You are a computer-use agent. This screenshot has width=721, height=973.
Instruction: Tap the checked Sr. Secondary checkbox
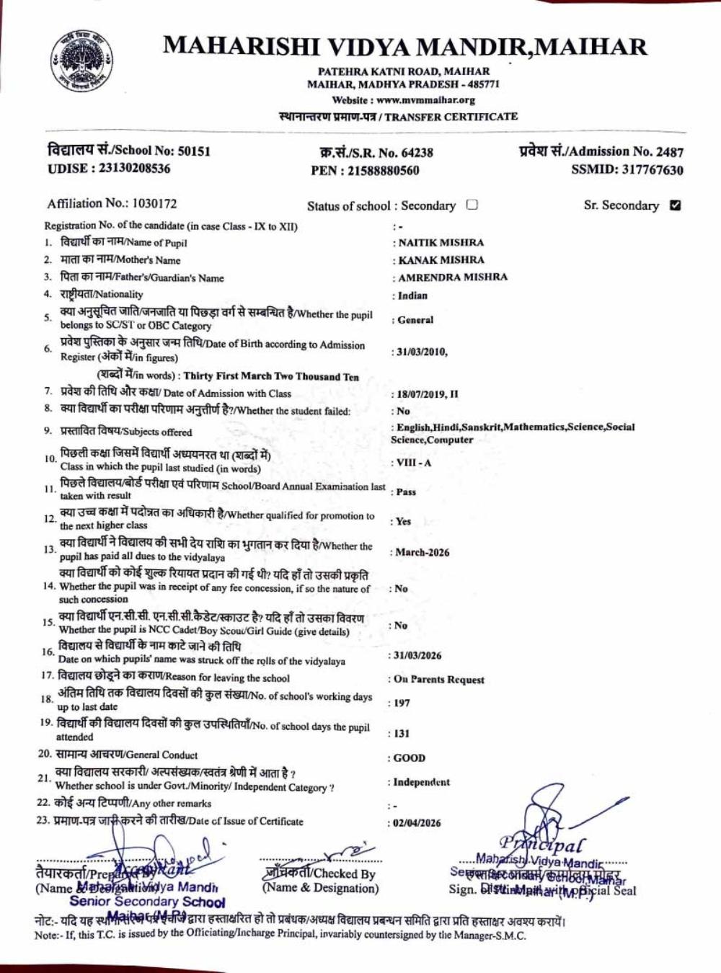675,205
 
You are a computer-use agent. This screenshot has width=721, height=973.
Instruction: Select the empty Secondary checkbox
472,205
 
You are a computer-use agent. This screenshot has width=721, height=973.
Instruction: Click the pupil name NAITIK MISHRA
441,243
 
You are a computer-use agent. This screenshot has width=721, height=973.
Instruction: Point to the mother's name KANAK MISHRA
441,260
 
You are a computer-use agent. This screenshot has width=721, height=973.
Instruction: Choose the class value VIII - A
413,463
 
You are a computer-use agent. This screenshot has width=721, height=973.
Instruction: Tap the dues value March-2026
422,553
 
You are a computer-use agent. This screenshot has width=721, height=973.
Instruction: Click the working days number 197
402,703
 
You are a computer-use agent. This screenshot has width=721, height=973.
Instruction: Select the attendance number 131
402,734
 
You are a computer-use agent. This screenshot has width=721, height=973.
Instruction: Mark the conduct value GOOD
410,758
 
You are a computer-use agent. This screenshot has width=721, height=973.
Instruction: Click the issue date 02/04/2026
417,823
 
